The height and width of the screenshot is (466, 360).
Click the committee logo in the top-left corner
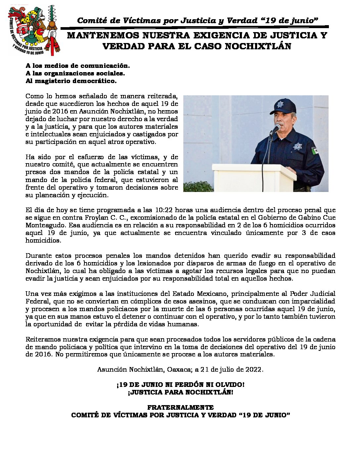(34, 30)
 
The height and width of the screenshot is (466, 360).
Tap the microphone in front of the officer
(276, 128)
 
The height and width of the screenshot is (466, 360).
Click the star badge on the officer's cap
(280, 104)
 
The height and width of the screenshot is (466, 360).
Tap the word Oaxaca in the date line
(179, 369)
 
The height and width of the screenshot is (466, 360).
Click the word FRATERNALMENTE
(180, 407)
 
